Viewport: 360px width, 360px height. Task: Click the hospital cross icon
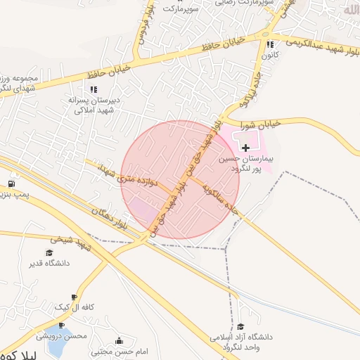pyautogui.click(x=245, y=148)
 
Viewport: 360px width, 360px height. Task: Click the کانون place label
pyautogui.click(x=271, y=54)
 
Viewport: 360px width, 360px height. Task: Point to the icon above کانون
pyautogui.click(x=271, y=44)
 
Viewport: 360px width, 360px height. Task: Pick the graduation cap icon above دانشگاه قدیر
pyautogui.click(x=49, y=253)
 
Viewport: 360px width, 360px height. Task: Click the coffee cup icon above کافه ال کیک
pyautogui.click(x=75, y=297)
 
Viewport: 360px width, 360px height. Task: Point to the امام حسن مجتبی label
pyautogui.click(x=120, y=351)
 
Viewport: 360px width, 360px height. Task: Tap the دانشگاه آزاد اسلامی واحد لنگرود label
pyautogui.click(x=241, y=342)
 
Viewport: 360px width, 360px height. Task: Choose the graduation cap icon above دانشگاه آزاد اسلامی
pyautogui.click(x=241, y=327)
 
